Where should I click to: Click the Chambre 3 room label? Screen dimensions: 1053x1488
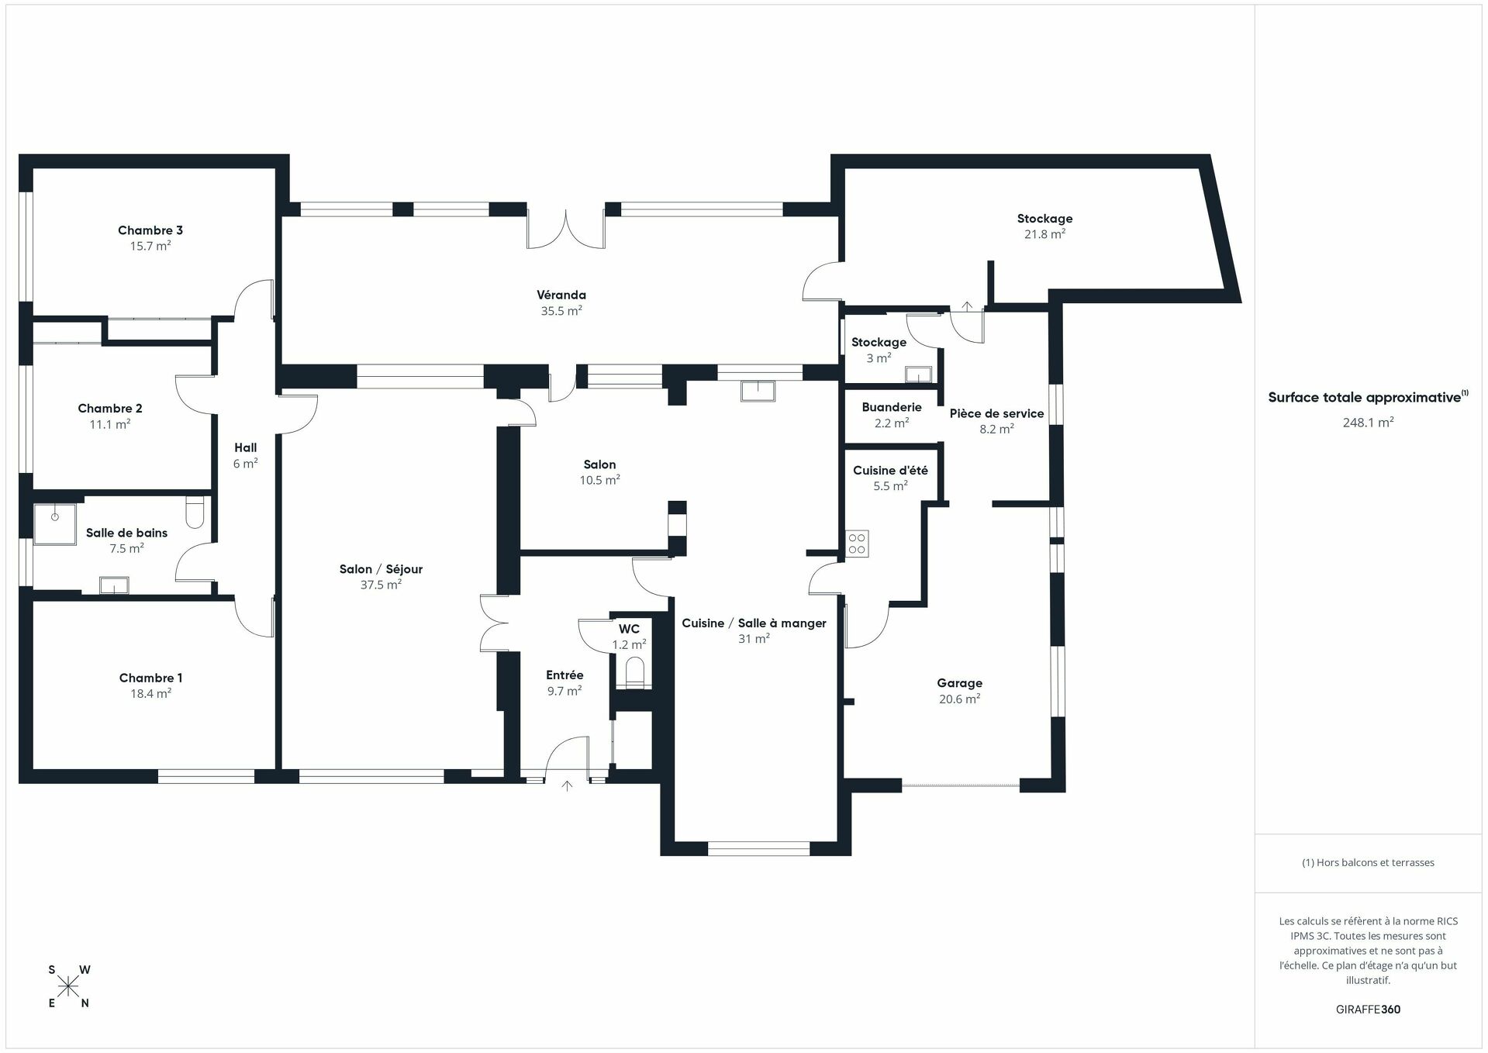pos(150,230)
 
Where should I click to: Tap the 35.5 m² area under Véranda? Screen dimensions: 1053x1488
pos(561,311)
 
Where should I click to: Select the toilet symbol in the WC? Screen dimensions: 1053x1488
pos(634,671)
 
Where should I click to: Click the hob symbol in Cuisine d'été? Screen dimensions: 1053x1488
pos(857,543)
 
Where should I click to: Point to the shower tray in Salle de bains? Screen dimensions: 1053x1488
pos(54,524)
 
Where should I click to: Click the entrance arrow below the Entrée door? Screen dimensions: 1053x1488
pos(567,786)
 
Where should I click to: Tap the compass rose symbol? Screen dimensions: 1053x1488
pos(69,986)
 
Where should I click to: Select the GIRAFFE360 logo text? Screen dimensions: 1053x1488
pos(1368,1010)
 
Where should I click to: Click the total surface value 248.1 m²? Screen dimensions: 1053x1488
pos(1368,423)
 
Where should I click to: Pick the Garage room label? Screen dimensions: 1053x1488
pos(959,683)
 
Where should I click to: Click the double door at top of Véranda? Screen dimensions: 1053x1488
pos(566,229)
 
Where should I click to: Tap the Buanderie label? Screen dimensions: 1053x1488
pos(892,407)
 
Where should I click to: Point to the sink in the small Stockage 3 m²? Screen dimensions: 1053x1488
pos(917,375)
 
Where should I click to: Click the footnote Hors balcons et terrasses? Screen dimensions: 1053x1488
pos(1368,862)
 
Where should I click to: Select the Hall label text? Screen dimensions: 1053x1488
pos(245,447)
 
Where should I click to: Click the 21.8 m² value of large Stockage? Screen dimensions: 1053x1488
pos(1044,234)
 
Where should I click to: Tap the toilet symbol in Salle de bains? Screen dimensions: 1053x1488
pos(195,513)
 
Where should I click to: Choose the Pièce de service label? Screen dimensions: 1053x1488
pos(996,413)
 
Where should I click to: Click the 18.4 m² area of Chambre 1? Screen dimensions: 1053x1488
pos(150,694)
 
